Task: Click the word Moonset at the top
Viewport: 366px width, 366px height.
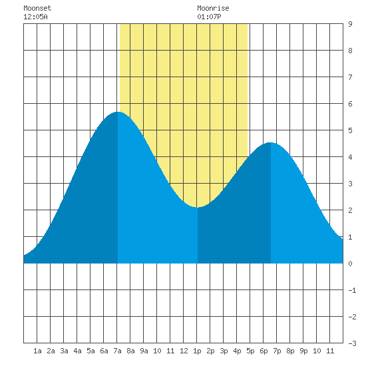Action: (x=37, y=8)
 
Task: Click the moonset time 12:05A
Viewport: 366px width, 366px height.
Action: (x=35, y=17)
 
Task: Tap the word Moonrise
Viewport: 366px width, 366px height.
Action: (x=213, y=8)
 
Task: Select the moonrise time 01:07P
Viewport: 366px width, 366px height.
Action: (x=209, y=17)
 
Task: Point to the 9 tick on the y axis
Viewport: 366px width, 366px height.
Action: (x=350, y=24)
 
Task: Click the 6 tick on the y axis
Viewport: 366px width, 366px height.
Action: (x=350, y=104)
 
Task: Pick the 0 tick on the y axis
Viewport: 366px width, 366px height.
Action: (x=350, y=264)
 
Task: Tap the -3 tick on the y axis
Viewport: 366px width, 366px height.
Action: (x=352, y=343)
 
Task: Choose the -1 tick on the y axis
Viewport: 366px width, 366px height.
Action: (x=352, y=290)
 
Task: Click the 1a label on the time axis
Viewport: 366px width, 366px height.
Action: (x=37, y=351)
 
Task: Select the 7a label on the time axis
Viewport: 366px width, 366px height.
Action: (x=117, y=351)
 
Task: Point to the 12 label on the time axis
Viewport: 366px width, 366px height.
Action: (x=184, y=351)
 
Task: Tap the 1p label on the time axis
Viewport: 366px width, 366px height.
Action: (x=197, y=351)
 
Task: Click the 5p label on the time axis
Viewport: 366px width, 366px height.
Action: (x=250, y=351)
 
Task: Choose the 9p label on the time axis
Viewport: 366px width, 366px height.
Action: (x=303, y=351)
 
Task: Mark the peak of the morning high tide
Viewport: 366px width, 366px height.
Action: (x=118, y=112)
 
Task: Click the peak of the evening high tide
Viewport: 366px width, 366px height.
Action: (x=270, y=142)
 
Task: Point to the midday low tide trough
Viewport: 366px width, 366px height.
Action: (x=197, y=207)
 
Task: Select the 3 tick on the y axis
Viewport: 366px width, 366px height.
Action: (x=350, y=184)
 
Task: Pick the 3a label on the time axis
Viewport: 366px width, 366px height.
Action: (x=64, y=351)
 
